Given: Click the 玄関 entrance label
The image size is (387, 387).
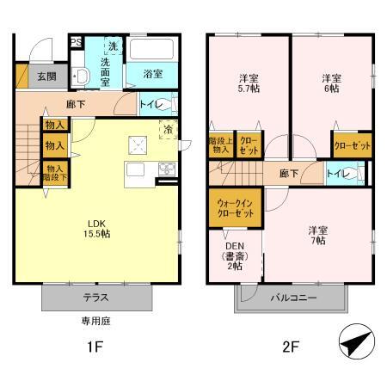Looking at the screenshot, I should (46, 76).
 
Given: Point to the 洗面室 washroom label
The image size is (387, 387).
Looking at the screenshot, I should (111, 68).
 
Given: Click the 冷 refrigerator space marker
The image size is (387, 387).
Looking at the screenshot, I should (168, 130).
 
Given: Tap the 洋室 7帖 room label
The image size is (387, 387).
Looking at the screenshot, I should (316, 236).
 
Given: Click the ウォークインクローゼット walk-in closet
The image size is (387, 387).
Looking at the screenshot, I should (233, 209).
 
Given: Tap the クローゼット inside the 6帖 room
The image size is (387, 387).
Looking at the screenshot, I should (352, 145).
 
